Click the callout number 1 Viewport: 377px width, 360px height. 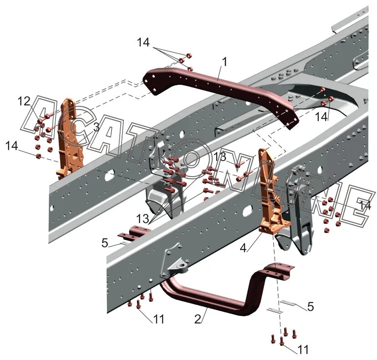click(x=224, y=61)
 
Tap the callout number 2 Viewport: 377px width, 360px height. click(x=197, y=319)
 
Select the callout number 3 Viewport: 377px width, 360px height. click(x=96, y=127)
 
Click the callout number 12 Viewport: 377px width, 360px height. click(x=24, y=101)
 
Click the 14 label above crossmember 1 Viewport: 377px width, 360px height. click(x=143, y=42)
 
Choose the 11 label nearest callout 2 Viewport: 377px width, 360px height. click(x=158, y=319)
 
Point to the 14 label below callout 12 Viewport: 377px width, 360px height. click(x=12, y=146)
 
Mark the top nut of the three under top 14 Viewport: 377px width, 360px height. click(x=189, y=56)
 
